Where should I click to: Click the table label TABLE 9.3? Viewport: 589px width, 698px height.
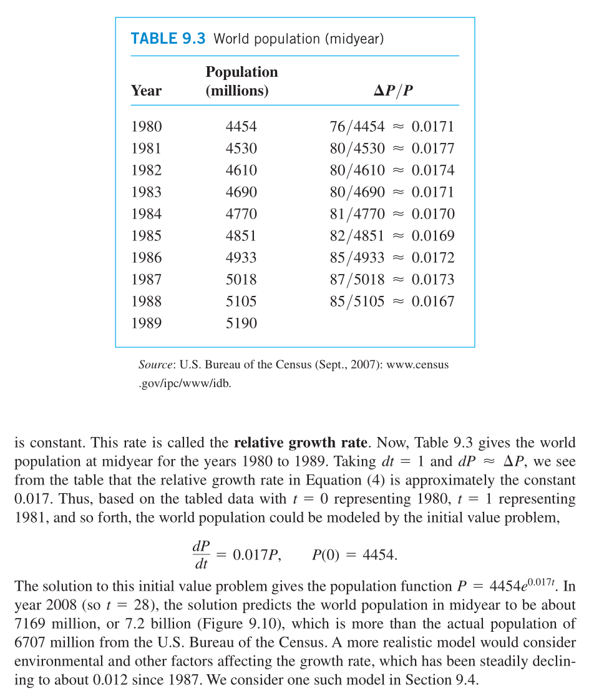tap(168, 39)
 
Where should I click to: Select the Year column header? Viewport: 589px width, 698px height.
tap(146, 91)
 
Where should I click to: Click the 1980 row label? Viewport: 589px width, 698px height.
tap(146, 127)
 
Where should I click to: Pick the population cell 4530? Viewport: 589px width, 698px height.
tap(241, 149)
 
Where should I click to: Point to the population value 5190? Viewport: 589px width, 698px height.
tap(241, 323)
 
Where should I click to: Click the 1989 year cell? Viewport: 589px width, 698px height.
tap(146, 323)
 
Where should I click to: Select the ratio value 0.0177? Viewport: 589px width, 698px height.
tap(432, 149)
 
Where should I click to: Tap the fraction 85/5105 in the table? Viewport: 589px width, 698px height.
tap(357, 302)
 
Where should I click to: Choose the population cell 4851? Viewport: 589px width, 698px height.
tap(241, 236)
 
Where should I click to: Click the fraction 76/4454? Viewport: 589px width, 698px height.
tap(357, 127)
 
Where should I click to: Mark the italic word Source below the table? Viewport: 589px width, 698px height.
tap(155, 365)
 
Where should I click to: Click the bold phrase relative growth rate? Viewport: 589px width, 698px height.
tap(300, 444)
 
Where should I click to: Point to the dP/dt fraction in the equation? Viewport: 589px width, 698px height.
tap(201, 554)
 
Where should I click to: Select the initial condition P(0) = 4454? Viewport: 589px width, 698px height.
tap(354, 554)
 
